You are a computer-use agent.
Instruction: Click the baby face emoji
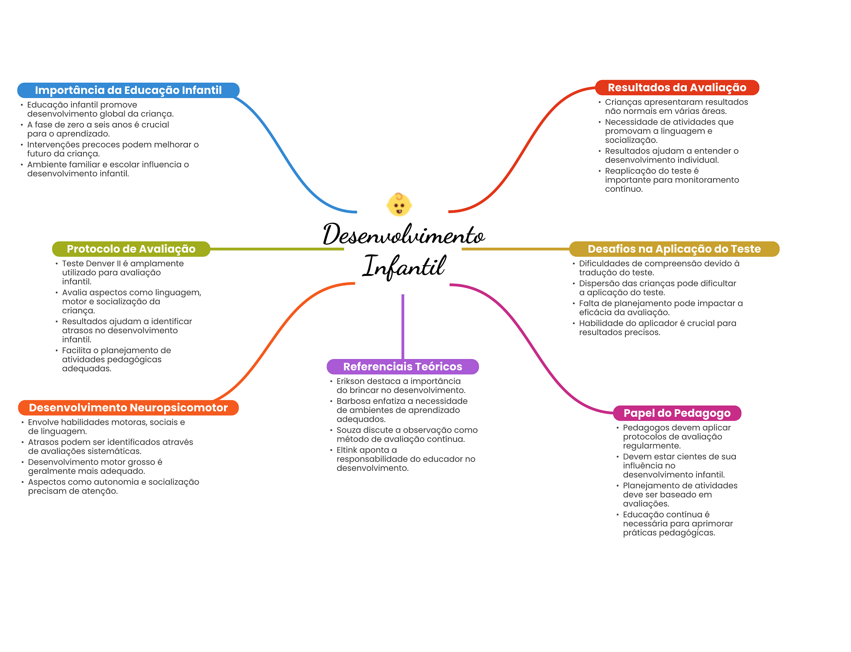[x=399, y=204]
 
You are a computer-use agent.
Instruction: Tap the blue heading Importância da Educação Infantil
[x=128, y=90]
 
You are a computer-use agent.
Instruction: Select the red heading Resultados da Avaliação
[x=677, y=88]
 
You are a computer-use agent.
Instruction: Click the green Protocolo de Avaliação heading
[x=131, y=249]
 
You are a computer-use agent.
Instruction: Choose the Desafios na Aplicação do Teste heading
[x=674, y=249]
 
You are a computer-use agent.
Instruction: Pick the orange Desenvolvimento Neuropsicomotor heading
[x=128, y=408]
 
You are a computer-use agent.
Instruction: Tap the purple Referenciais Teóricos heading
[x=402, y=367]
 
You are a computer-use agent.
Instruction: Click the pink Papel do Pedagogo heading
[x=677, y=413]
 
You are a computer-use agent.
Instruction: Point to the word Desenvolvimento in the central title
[x=404, y=235]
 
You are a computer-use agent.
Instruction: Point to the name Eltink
[x=347, y=450]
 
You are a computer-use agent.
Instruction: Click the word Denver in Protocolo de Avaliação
[x=97, y=263]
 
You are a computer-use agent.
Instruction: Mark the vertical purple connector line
[x=403, y=326]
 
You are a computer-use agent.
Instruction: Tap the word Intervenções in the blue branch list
[x=53, y=145]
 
